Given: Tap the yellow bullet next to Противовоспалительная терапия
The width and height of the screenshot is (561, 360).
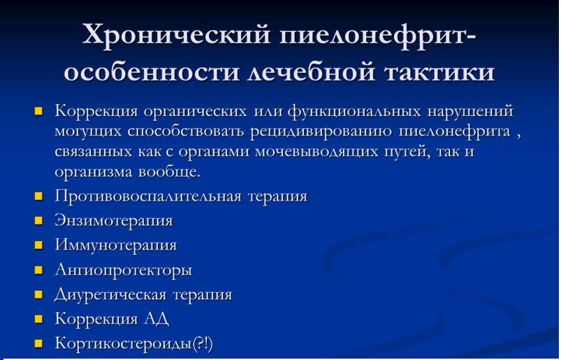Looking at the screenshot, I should tap(39, 196).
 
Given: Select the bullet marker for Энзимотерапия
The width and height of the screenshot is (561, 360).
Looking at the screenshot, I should tap(39, 221).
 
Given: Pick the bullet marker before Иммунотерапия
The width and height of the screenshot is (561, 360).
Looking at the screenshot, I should tap(39, 246).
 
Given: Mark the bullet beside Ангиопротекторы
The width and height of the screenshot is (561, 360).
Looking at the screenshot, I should tap(39, 271).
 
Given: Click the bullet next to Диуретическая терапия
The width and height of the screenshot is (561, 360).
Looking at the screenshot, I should tap(39, 295).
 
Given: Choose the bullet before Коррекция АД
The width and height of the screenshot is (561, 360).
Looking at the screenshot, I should tap(39, 319).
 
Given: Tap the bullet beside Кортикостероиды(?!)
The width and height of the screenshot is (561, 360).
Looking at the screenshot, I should tap(39, 344).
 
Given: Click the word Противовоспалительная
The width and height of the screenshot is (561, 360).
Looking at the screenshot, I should tap(149, 196).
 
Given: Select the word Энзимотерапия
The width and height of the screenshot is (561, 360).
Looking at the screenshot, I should tap(114, 221).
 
